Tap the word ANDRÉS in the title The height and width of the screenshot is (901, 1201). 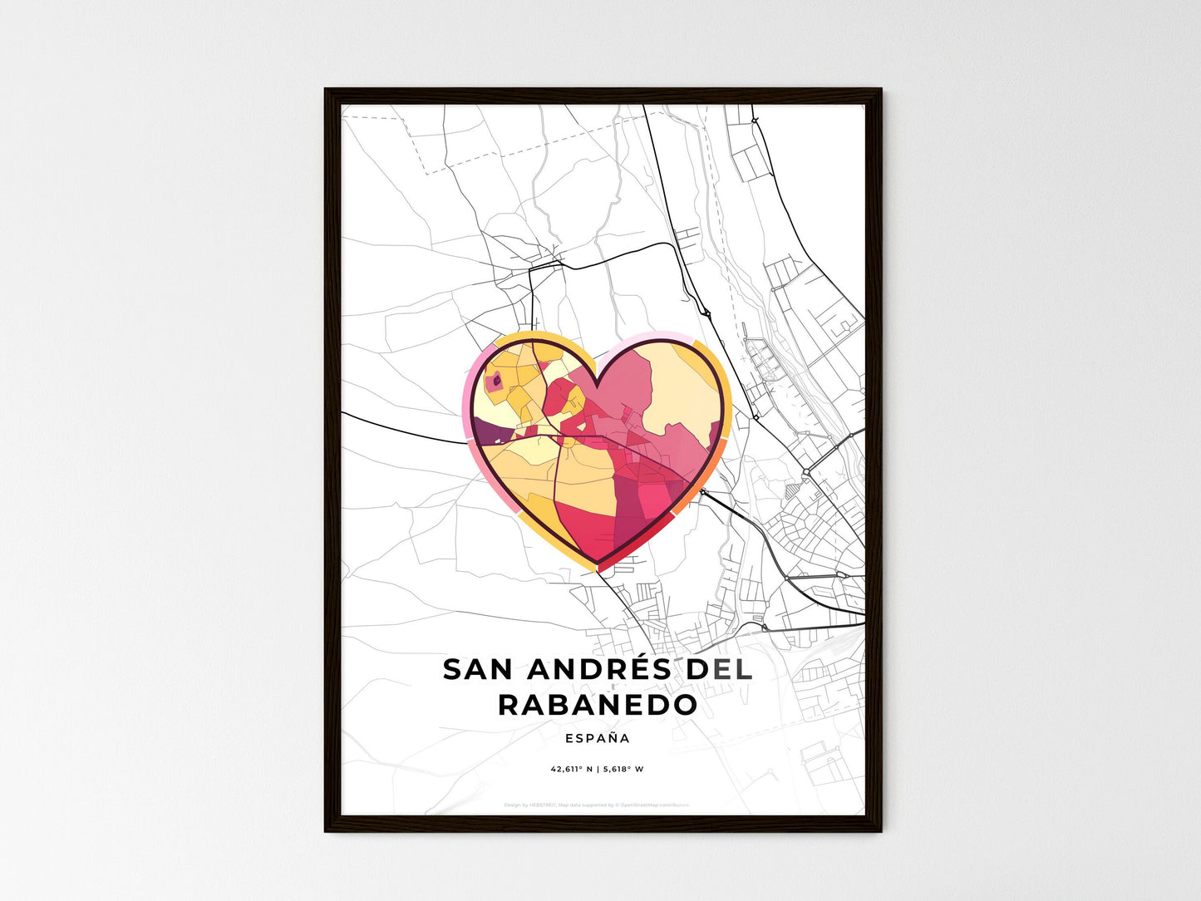coord(595,670)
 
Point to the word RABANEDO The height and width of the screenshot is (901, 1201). coord(598,705)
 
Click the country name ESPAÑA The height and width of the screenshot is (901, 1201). coord(597,738)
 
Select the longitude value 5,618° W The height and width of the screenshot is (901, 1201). coord(624,770)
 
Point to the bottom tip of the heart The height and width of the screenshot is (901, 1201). coord(598,569)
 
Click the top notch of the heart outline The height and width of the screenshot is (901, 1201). coord(597,384)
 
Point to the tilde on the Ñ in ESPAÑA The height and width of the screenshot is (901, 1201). coord(614,731)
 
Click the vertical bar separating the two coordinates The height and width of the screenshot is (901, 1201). coord(598,770)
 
